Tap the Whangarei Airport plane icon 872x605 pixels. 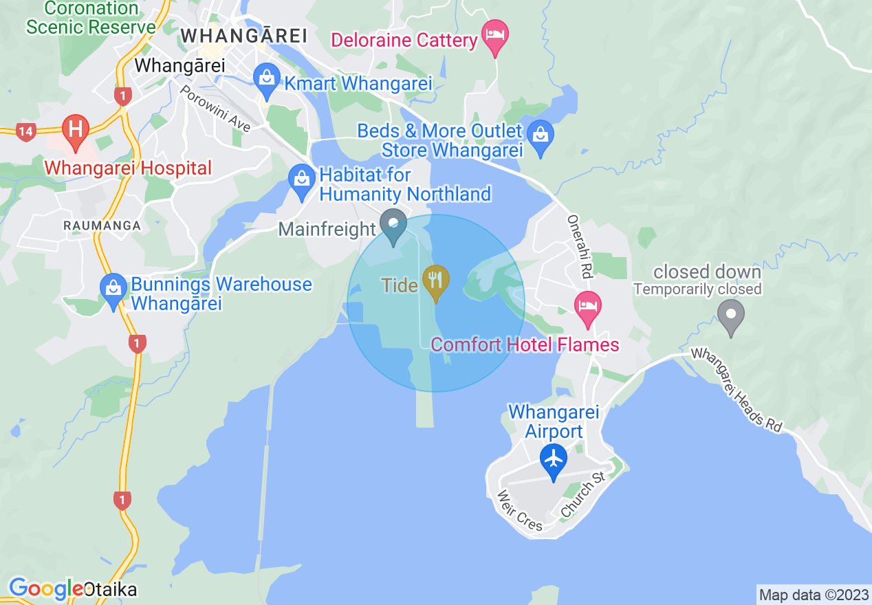[x=553, y=459]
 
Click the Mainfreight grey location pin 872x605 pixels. [x=393, y=226]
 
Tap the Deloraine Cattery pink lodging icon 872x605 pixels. [x=494, y=34]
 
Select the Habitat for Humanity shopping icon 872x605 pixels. [x=301, y=180]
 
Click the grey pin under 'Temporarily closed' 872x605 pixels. [x=730, y=317]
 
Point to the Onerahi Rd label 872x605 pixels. [x=579, y=246]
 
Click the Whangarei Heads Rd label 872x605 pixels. [x=737, y=389]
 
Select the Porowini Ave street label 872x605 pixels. [x=215, y=108]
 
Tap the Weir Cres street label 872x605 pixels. [x=519, y=510]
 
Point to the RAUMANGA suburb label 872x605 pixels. [x=101, y=225]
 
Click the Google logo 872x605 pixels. [x=45, y=588]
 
